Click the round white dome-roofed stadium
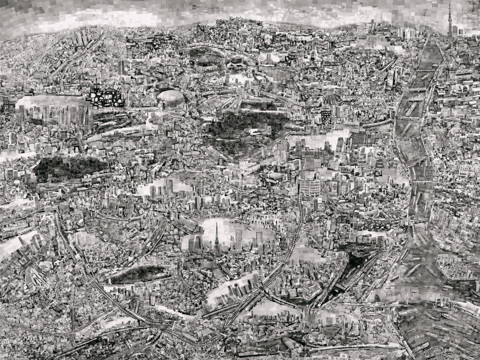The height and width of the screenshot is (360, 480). coord(171,99)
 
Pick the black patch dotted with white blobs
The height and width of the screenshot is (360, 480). coord(104,96)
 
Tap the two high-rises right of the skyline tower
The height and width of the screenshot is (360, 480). coord(461,28)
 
